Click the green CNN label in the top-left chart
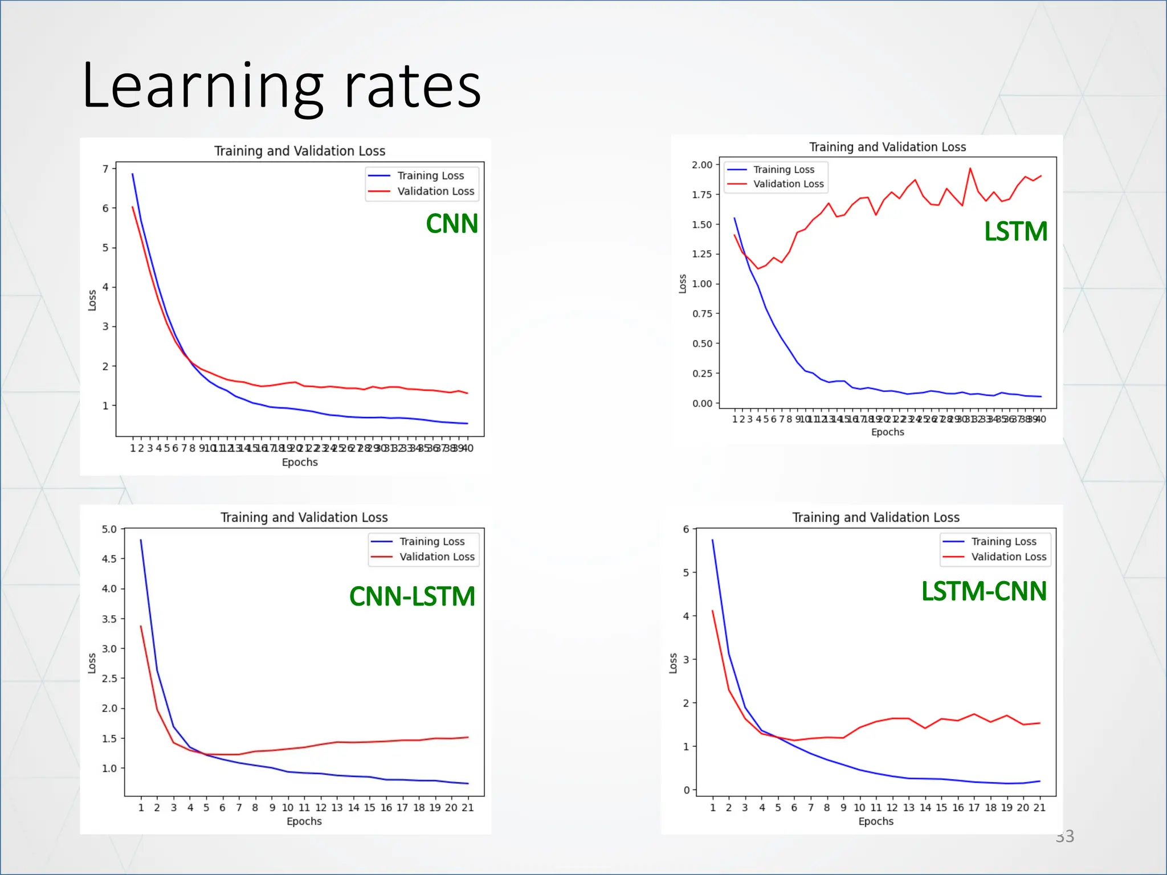[x=452, y=224]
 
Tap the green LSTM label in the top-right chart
[x=1015, y=231]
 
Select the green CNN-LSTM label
[x=412, y=596]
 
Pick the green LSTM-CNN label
[x=984, y=591]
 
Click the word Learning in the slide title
[x=202, y=87]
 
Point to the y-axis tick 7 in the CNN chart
[x=105, y=169]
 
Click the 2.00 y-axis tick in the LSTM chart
[x=702, y=165]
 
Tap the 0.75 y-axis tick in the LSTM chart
[x=702, y=314]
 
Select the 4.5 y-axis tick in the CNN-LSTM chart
[x=109, y=559]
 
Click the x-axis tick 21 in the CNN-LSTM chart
[x=467, y=808]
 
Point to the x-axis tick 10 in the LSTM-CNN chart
[x=859, y=808]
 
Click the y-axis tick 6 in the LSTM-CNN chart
[x=686, y=529]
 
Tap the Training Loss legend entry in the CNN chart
[x=430, y=175]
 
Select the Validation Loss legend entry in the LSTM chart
[x=788, y=184]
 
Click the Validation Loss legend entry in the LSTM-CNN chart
[x=1009, y=557]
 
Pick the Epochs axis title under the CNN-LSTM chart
[x=304, y=821]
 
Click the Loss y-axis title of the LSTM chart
[x=682, y=284]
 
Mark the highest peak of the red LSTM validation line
[x=970, y=168]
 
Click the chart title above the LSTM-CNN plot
[x=875, y=517]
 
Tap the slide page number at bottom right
[x=1064, y=836]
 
